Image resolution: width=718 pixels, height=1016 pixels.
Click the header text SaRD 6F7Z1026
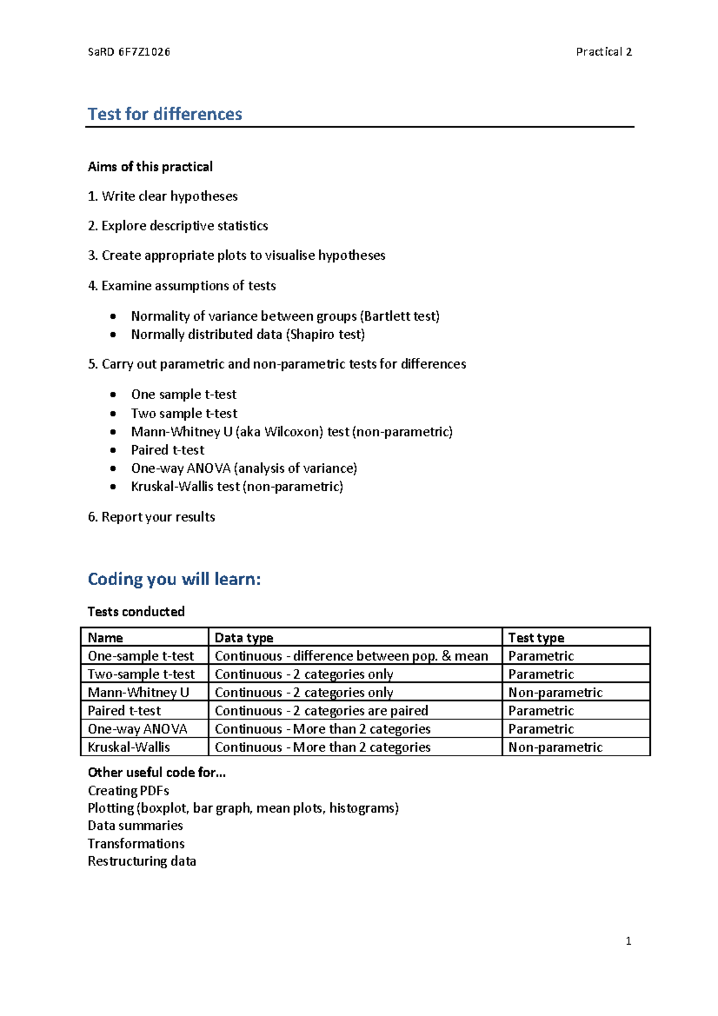point(129,52)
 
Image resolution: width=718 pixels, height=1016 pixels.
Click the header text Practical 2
point(603,52)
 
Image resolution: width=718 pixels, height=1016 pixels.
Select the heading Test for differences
point(165,114)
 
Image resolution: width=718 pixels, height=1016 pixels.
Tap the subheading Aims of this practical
point(150,166)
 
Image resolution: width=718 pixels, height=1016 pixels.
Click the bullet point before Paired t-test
point(113,450)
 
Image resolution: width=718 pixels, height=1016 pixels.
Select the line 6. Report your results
point(151,517)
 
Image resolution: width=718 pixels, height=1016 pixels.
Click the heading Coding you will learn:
point(174,579)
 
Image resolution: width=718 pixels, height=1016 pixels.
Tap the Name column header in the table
point(105,638)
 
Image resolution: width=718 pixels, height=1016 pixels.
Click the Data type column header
point(244,638)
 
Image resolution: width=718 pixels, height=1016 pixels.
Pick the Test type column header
point(536,638)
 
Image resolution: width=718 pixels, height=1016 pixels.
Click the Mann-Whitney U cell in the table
point(138,693)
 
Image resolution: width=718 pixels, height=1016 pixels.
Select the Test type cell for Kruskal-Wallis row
point(555,747)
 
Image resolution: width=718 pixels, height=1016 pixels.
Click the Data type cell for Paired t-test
point(321,711)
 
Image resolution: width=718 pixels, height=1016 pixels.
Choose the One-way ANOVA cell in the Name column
point(138,729)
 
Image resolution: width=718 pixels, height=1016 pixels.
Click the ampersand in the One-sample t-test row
point(446,656)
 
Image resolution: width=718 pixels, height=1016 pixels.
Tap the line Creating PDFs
point(128,791)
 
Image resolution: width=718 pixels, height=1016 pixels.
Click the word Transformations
point(136,844)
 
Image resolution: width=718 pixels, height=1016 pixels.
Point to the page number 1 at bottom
point(628,941)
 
